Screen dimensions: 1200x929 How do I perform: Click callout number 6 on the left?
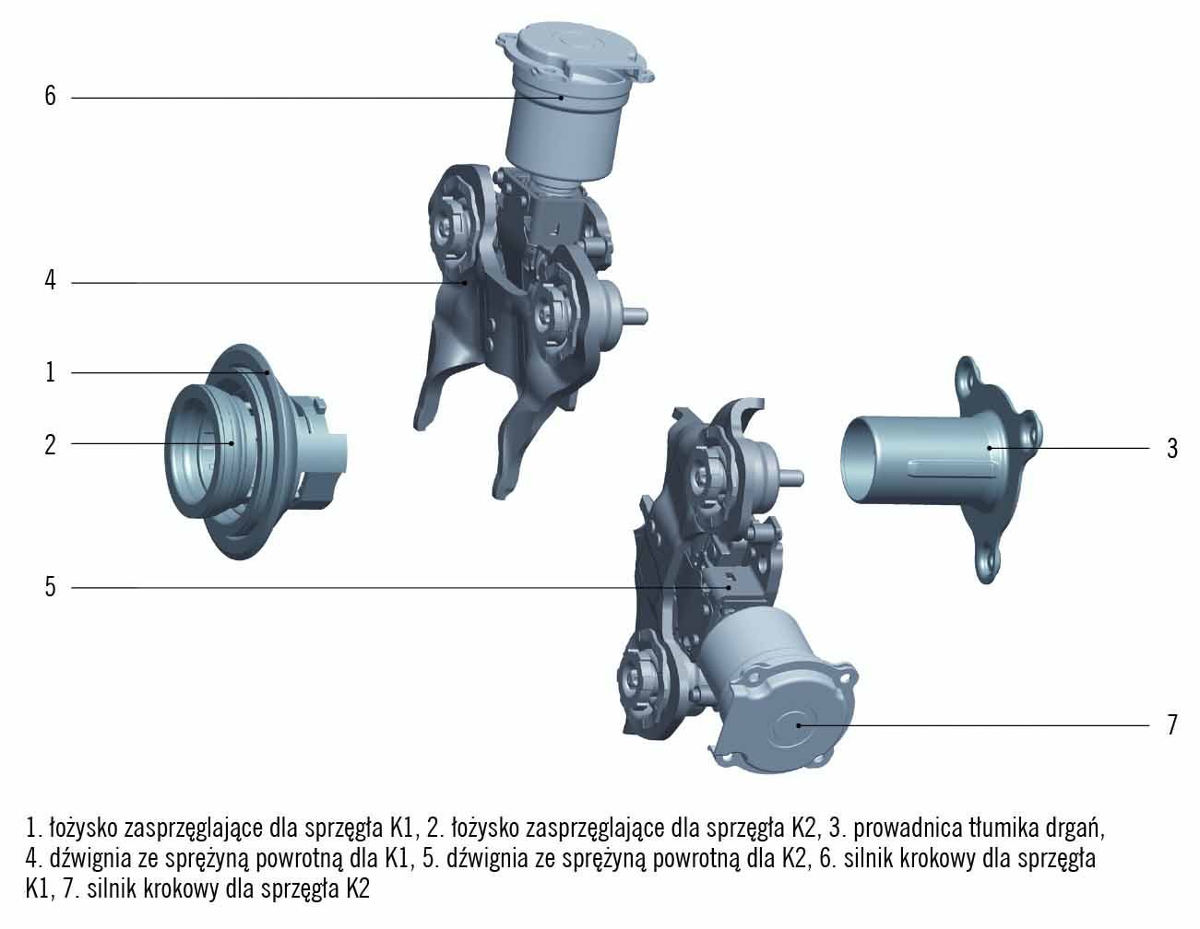(x=50, y=96)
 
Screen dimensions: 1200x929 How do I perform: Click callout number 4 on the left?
(x=50, y=280)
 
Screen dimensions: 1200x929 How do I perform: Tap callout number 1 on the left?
(x=50, y=371)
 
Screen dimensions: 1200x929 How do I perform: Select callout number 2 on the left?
(x=50, y=444)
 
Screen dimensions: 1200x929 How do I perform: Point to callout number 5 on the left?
(x=50, y=586)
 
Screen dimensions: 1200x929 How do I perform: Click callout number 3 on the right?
(x=1171, y=449)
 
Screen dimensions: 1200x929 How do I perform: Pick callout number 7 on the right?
(x=1171, y=724)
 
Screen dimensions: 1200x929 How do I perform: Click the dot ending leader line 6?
(x=561, y=98)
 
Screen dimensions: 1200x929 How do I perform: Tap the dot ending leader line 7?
(x=798, y=725)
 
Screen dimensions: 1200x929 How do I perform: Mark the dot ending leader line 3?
(x=989, y=448)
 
